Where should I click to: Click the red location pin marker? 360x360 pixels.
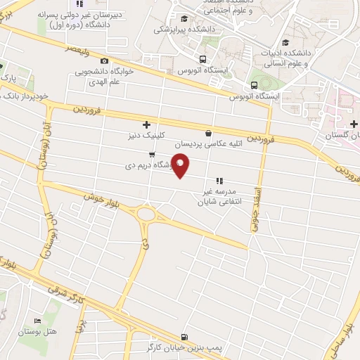tap(181, 166)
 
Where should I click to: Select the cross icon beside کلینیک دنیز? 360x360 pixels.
tap(146, 124)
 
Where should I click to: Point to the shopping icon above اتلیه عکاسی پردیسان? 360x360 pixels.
tap(207, 133)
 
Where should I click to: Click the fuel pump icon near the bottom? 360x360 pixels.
tap(184, 337)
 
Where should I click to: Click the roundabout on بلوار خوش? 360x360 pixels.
tap(147, 212)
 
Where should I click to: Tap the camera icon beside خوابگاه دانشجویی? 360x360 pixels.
tap(105, 61)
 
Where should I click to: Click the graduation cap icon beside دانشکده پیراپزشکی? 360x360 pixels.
tap(184, 19)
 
